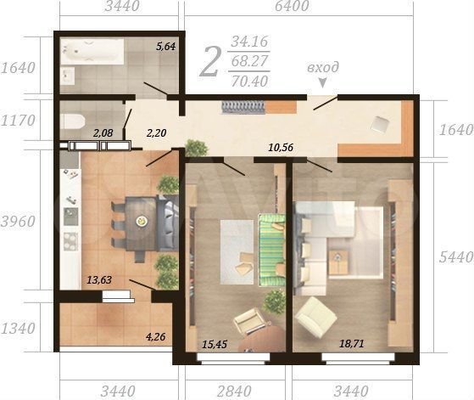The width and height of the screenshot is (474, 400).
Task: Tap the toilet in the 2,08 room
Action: [x=73, y=122]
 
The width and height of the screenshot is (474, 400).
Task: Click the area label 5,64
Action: [x=165, y=47]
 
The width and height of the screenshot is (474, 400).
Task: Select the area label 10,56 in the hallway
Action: [x=281, y=148]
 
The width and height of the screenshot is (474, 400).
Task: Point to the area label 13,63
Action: [x=99, y=279]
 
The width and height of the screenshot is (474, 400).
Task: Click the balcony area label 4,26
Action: [x=156, y=336]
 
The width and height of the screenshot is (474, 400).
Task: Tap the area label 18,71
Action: [x=352, y=344]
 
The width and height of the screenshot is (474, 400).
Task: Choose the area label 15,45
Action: [x=215, y=344]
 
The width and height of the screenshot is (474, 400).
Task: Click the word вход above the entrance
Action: [x=323, y=67]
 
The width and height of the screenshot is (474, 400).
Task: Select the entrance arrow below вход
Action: [x=323, y=83]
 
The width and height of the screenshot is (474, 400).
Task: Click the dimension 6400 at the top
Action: [x=292, y=6]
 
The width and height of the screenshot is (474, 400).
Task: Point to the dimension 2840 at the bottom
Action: [x=234, y=391]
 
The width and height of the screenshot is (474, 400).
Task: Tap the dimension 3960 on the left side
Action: [x=18, y=222]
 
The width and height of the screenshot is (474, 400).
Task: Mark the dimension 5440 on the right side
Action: [x=456, y=257]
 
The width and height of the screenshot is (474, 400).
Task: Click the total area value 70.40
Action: [x=249, y=82]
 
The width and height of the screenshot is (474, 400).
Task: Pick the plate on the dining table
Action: [x=141, y=221]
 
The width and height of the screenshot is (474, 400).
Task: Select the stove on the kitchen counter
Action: [x=70, y=242]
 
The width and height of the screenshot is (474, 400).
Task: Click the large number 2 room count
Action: [x=209, y=62]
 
